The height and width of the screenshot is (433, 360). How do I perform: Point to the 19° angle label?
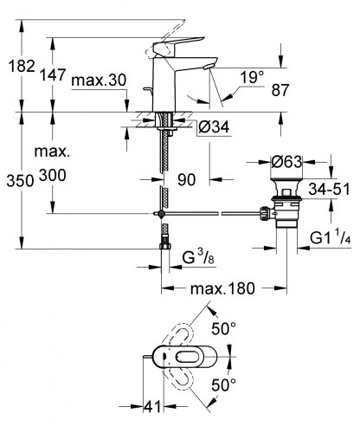tap(251, 77)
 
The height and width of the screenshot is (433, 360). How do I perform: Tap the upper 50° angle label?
tap(224, 329)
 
